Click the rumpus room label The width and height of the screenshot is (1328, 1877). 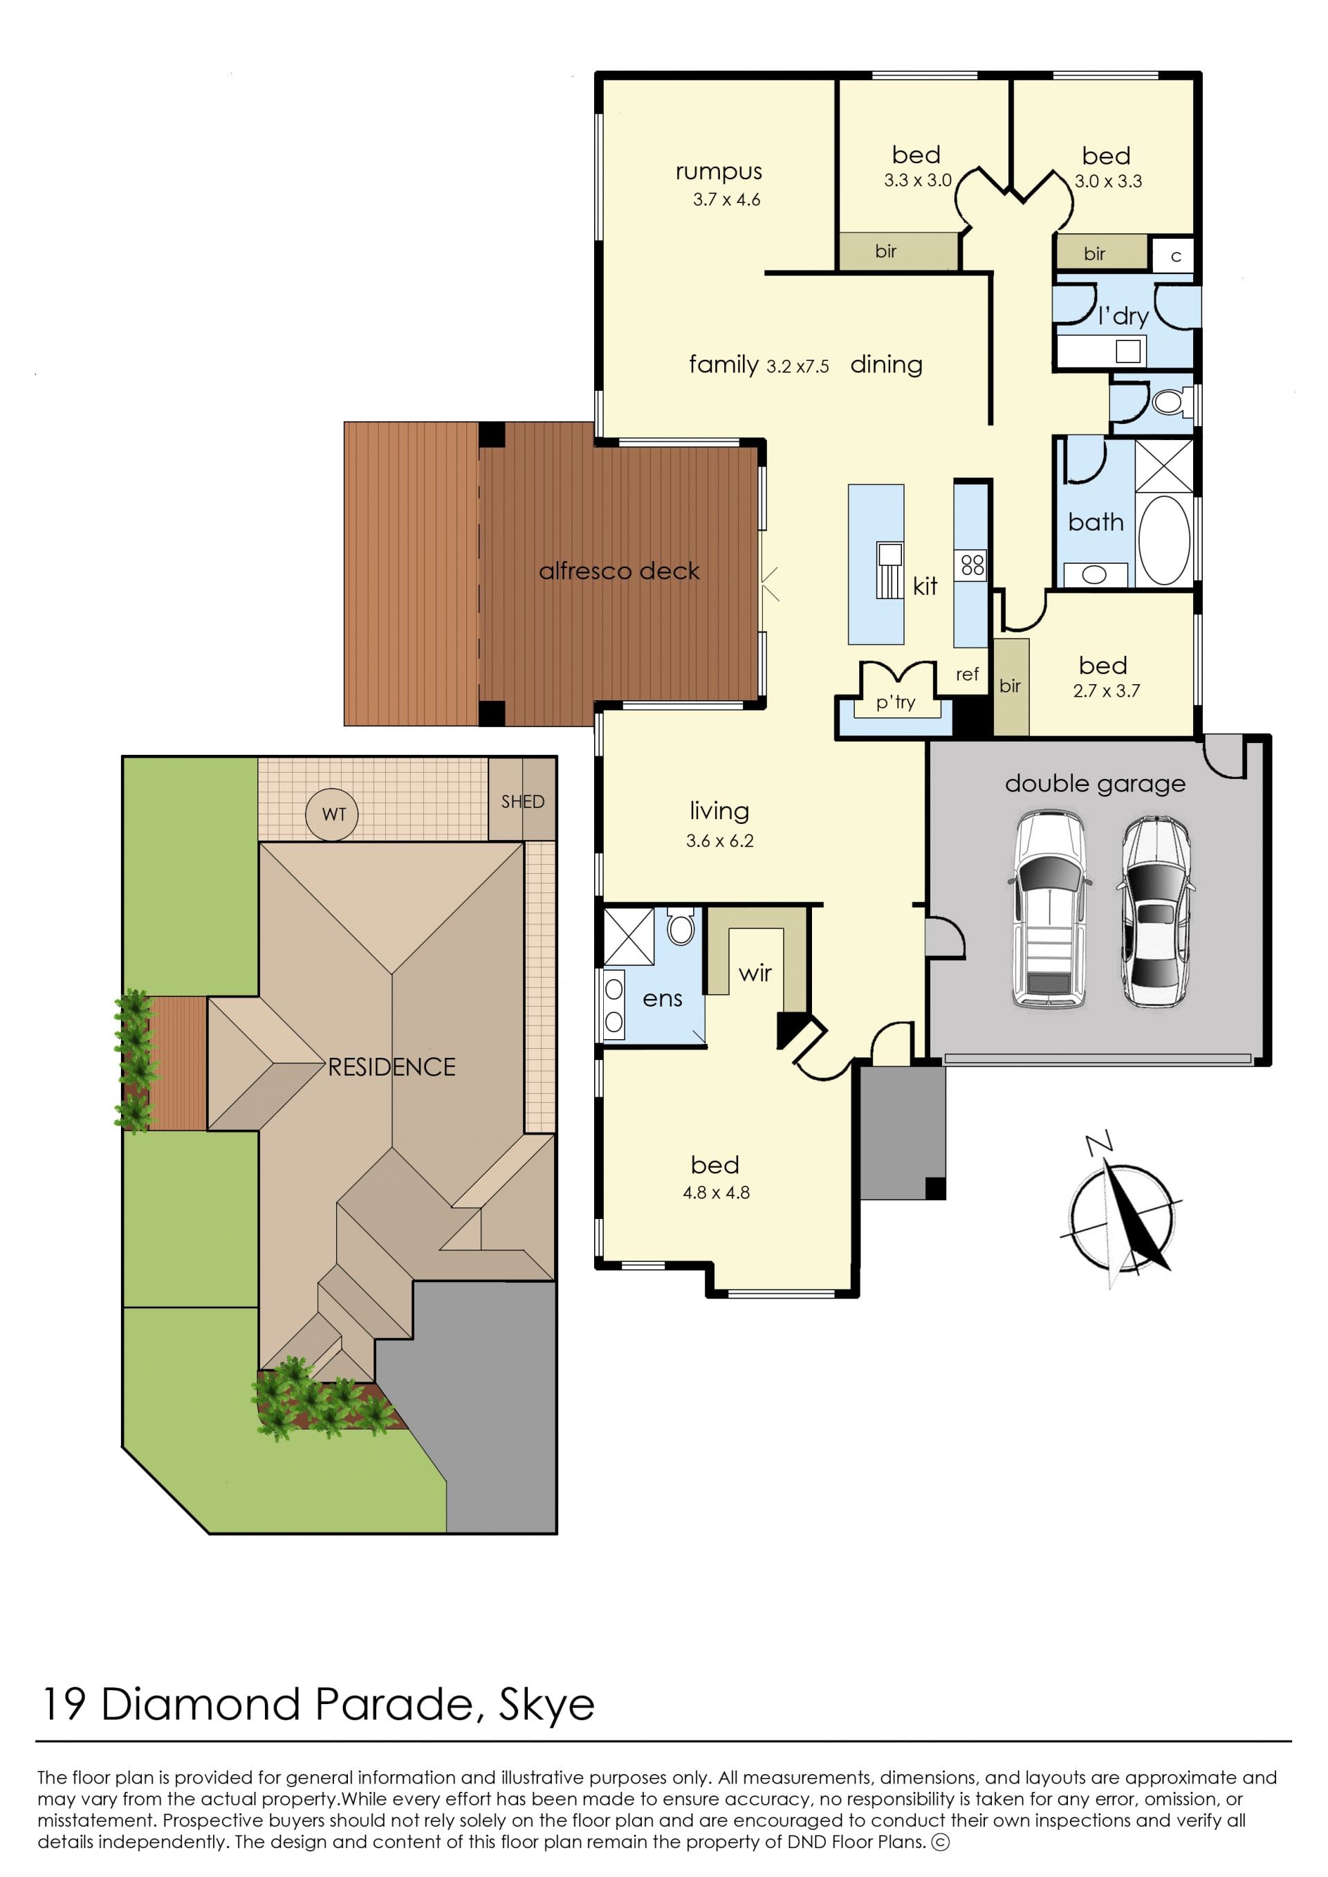[x=719, y=172]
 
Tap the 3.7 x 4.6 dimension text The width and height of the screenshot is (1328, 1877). [x=726, y=199]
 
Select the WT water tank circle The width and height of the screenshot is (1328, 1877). [x=332, y=814]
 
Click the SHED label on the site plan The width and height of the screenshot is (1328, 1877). [x=522, y=801]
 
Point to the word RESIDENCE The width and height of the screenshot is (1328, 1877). [x=391, y=1067]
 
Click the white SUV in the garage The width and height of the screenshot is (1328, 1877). [x=1049, y=908]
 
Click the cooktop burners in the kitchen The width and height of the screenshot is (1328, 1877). [x=973, y=565]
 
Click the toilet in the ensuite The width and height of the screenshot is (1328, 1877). [x=681, y=926]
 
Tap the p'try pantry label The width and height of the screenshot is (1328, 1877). [x=896, y=702]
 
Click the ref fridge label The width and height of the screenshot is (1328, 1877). [x=968, y=674]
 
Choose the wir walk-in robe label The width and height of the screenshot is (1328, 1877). [x=755, y=973]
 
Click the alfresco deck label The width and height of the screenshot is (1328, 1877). [x=619, y=571]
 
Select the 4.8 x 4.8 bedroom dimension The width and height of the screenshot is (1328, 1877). [x=717, y=1193]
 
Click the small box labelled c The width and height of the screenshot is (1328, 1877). [x=1176, y=256]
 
